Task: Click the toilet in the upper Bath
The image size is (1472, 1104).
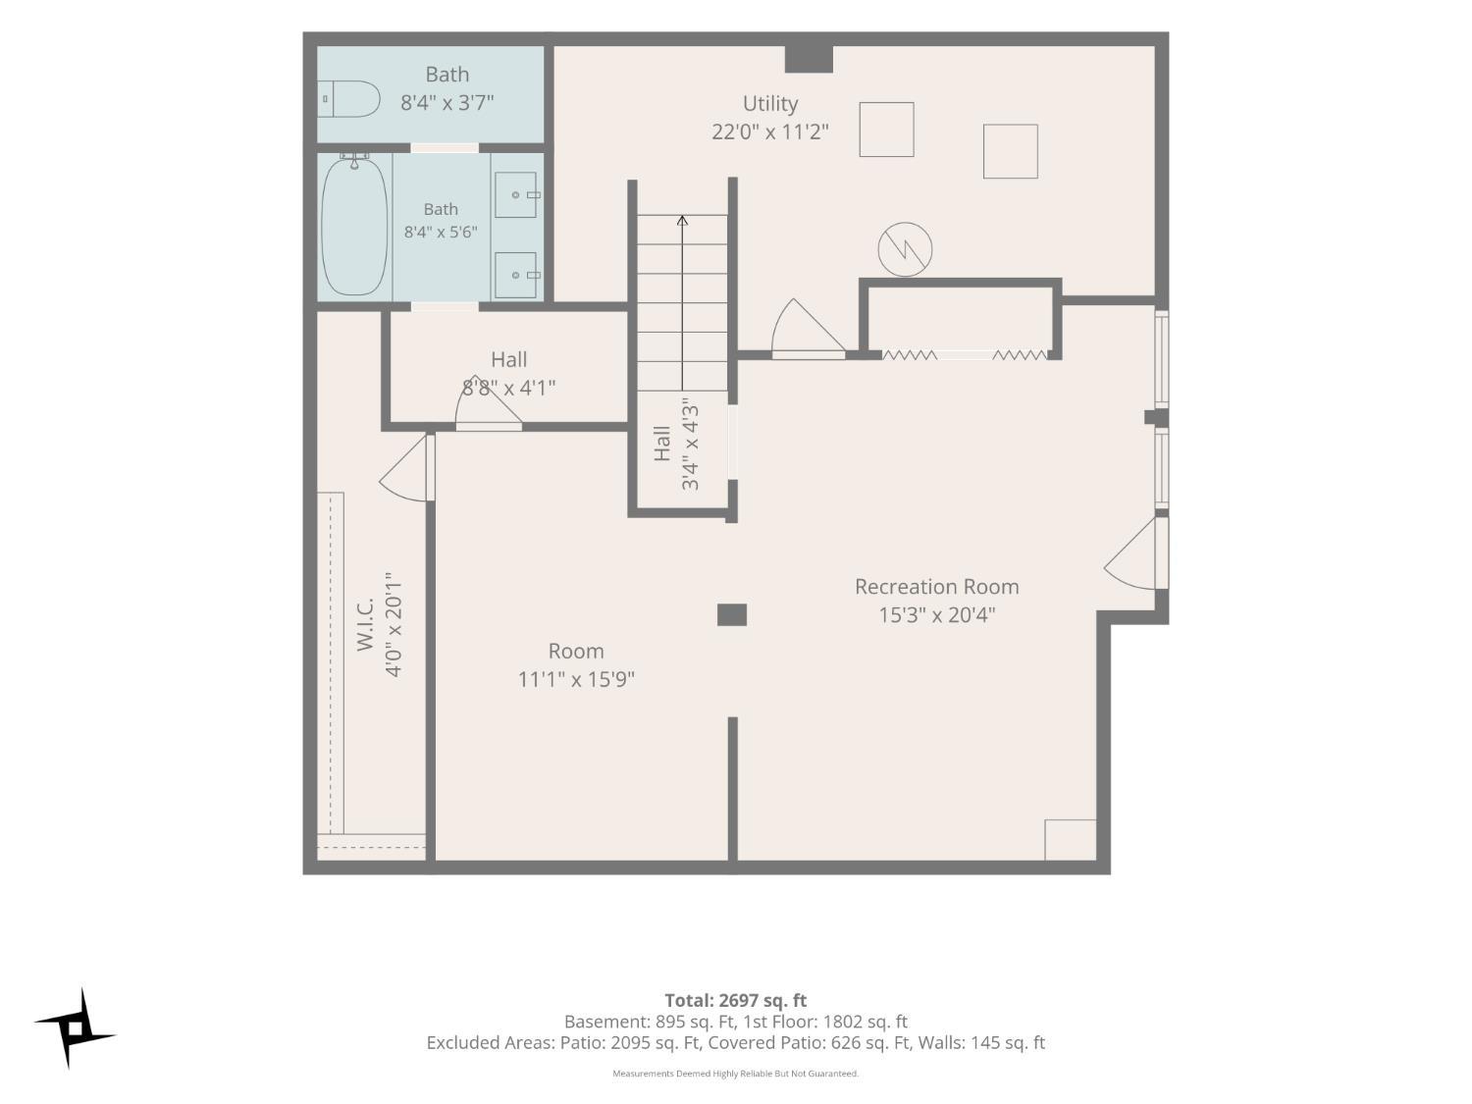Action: tap(348, 99)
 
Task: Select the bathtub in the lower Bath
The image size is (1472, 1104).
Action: tap(354, 226)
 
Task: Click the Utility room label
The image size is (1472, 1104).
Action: tap(770, 104)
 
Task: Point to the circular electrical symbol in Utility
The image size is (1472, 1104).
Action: tap(905, 249)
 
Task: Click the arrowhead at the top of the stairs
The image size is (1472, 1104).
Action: tap(682, 220)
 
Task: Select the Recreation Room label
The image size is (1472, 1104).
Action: tap(936, 587)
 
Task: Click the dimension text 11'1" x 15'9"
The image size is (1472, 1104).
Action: tap(576, 680)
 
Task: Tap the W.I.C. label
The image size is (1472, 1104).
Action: tap(365, 625)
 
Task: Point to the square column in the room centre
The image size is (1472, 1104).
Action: tap(732, 614)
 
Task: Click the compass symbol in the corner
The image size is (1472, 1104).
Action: tap(75, 1027)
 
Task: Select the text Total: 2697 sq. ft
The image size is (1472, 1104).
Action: tap(736, 1001)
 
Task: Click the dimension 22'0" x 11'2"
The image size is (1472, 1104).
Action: tap(770, 132)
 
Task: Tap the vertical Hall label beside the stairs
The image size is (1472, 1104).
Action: tap(661, 444)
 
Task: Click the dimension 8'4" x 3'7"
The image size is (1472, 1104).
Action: tap(447, 103)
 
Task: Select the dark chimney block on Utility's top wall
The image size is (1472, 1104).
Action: tap(809, 59)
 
